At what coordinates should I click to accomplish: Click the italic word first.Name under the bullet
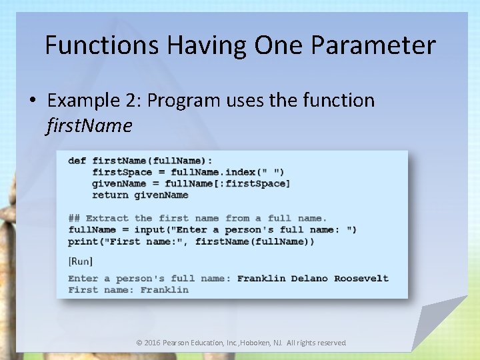click(x=89, y=125)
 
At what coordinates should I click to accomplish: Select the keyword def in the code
click(x=77, y=161)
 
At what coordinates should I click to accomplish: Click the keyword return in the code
click(x=110, y=195)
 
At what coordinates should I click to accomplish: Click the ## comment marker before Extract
click(x=74, y=218)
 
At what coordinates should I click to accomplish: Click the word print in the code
click(x=83, y=241)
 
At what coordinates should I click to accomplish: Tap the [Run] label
click(x=81, y=261)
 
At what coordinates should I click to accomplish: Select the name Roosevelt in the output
click(x=361, y=278)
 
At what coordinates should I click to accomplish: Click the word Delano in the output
click(x=309, y=278)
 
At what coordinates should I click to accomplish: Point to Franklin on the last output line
click(x=164, y=289)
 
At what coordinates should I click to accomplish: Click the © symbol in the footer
click(x=139, y=343)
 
